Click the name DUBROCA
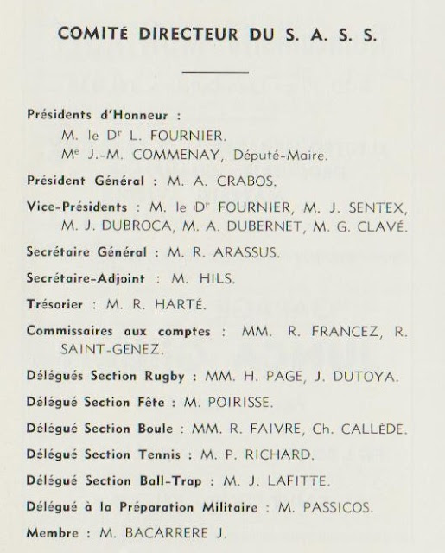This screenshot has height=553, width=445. (114, 227)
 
